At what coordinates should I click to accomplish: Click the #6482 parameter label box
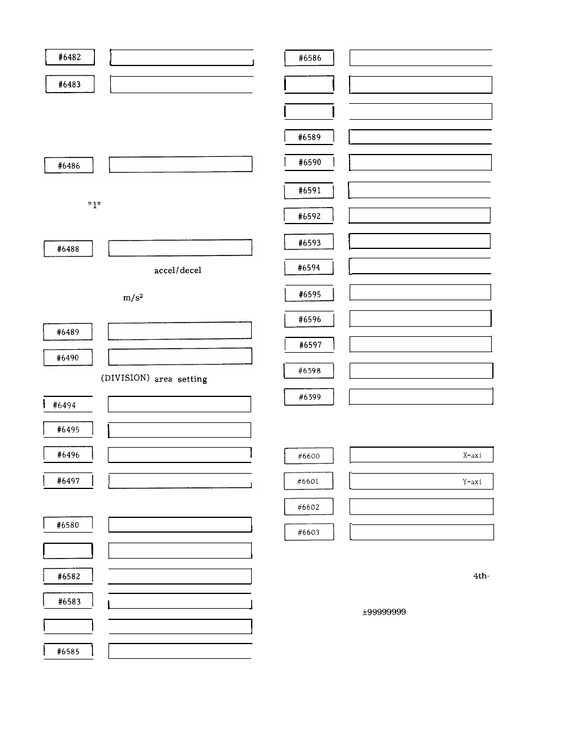coord(70,57)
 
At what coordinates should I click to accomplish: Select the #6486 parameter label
coord(69,166)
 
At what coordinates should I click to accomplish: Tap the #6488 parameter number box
coord(68,249)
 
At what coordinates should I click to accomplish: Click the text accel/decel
coord(177,270)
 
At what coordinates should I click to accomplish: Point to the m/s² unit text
coord(133,297)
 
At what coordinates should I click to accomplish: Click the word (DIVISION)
coord(125,378)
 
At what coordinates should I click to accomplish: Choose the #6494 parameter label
coord(68,405)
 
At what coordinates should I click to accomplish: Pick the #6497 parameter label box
coord(68,481)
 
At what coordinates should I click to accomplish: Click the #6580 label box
coord(68,525)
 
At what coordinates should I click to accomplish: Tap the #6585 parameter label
coord(68,651)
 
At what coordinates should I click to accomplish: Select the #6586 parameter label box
coord(310,58)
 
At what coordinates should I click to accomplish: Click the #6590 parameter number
coord(310,162)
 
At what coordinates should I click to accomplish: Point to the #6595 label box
coord(310,294)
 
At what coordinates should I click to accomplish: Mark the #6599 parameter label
coord(310,397)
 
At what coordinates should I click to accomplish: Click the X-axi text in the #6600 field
coord(472,455)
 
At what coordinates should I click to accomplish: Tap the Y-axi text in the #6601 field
coord(472,482)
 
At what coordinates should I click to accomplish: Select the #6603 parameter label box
coord(309,532)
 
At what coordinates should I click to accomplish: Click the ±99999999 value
coord(384,612)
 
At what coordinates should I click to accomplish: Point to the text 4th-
coord(481,576)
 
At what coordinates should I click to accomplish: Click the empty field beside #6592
coord(419,216)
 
